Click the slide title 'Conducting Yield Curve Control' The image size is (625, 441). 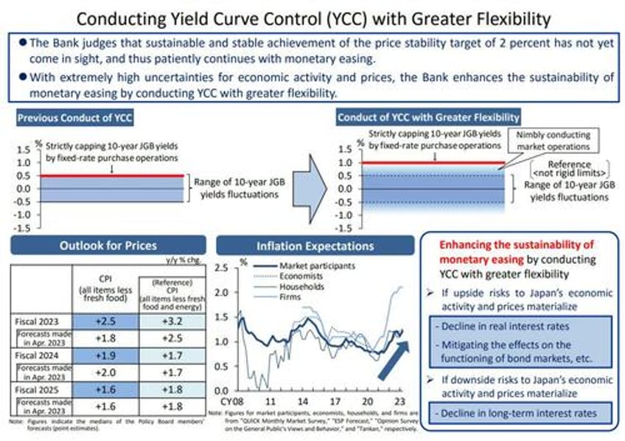click(312, 15)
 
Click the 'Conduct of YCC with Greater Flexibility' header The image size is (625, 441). click(428, 117)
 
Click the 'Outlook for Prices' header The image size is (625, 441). click(109, 246)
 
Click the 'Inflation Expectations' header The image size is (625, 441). click(315, 246)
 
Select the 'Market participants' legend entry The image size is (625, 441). click(312, 265)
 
